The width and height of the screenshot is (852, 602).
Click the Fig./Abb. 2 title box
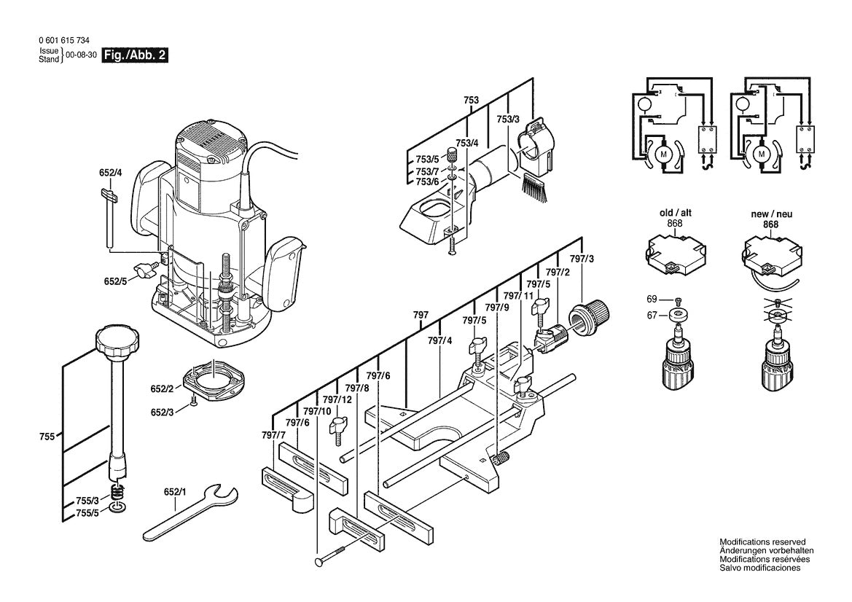click(x=135, y=55)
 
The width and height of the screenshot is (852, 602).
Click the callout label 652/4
click(x=110, y=173)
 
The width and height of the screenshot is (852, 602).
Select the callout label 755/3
click(x=87, y=501)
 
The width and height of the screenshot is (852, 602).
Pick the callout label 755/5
click(x=87, y=514)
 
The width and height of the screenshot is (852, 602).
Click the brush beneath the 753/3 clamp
click(x=534, y=187)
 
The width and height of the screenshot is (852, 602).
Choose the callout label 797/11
click(x=513, y=296)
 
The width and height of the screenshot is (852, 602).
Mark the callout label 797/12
click(x=337, y=399)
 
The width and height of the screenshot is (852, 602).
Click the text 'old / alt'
click(x=675, y=214)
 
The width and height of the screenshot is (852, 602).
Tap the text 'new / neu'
click(x=771, y=214)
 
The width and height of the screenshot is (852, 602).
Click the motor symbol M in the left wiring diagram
click(x=663, y=155)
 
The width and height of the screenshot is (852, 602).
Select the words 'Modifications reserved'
click(x=762, y=542)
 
